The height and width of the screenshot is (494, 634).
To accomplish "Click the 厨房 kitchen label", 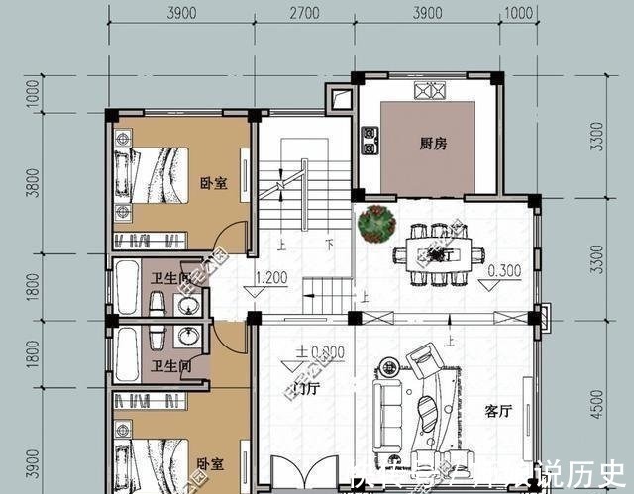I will (433, 144).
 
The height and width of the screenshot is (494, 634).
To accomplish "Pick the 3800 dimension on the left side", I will (33, 182).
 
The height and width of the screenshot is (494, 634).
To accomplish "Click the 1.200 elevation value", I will (271, 277).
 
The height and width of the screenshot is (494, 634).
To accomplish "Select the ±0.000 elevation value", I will (318, 351).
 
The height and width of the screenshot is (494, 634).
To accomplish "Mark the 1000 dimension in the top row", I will (516, 14).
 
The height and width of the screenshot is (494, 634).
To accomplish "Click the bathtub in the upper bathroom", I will (126, 287).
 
